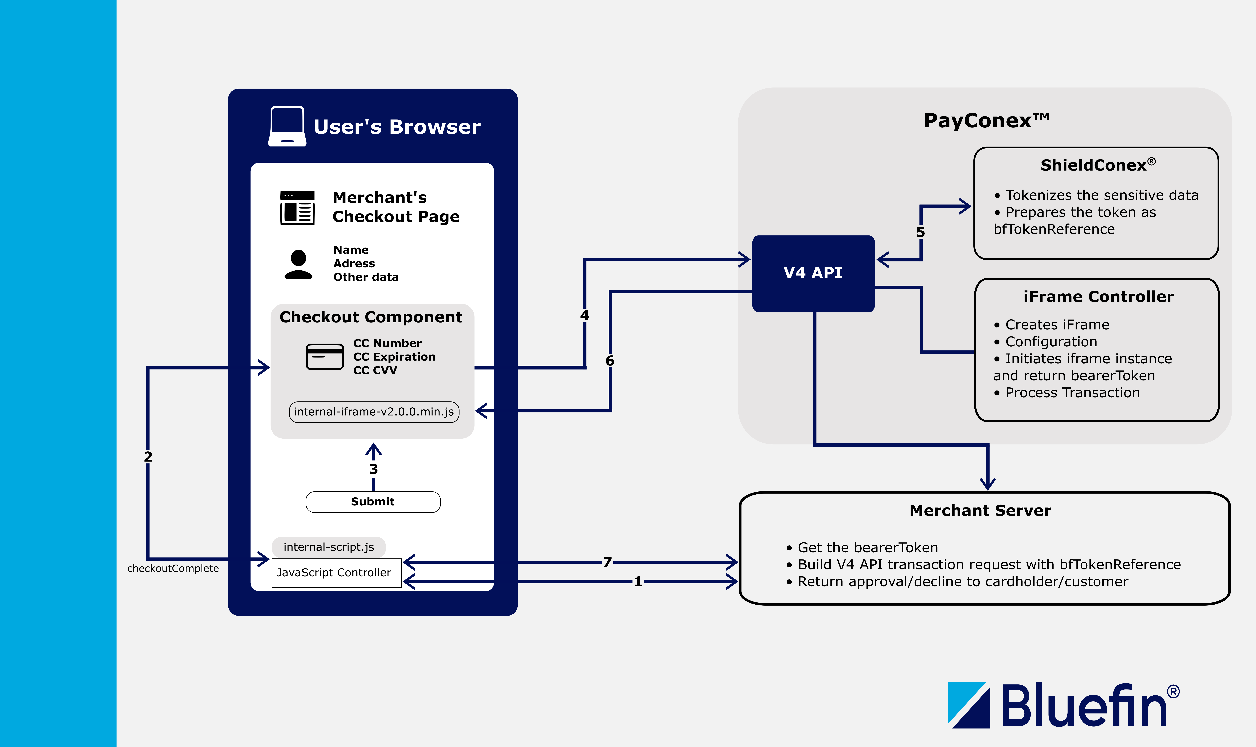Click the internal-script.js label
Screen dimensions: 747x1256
point(329,547)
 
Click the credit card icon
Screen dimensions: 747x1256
point(325,356)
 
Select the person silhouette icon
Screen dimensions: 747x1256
point(298,264)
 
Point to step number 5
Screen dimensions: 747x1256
point(920,232)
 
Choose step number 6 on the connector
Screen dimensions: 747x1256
point(610,361)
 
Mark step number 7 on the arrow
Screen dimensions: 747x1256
point(608,562)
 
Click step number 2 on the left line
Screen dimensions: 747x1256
point(148,456)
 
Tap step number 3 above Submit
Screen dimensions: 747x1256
point(373,469)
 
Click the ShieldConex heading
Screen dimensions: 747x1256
point(1097,165)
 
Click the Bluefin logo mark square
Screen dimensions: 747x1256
point(969,705)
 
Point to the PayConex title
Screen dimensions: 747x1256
point(986,121)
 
